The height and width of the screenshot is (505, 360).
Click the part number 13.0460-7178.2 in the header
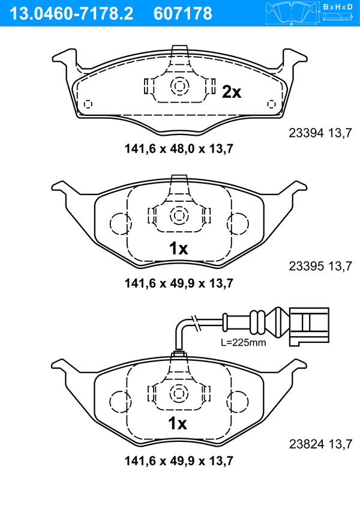tap(71, 14)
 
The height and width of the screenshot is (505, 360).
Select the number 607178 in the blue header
tap(183, 14)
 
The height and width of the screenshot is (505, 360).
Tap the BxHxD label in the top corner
tap(338, 7)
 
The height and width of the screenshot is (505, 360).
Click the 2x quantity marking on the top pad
tap(232, 92)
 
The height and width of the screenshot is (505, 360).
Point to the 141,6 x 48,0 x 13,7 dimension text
tap(179, 149)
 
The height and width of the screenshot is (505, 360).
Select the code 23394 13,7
tap(320, 133)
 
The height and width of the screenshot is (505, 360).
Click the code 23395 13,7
tap(320, 266)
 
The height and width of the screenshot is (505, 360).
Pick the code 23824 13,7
tap(320, 444)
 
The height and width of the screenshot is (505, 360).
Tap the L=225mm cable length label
tap(244, 342)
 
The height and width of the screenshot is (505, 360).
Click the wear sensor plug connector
tap(309, 326)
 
